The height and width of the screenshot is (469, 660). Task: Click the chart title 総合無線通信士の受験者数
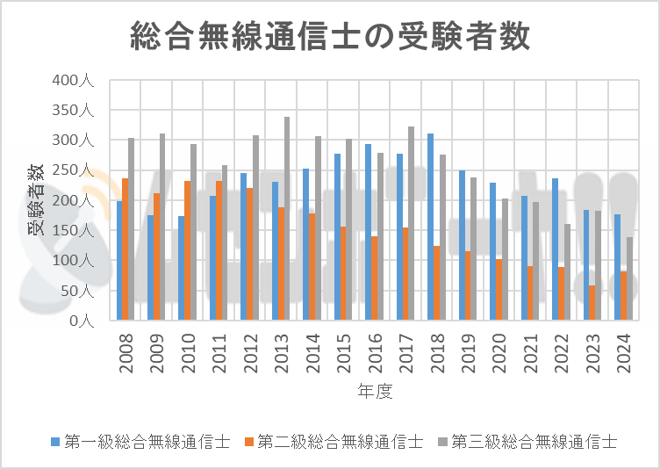(330, 38)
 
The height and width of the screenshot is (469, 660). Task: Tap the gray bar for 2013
(287, 219)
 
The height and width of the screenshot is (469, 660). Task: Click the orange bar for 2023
(592, 302)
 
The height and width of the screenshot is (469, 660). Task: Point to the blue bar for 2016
(368, 232)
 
